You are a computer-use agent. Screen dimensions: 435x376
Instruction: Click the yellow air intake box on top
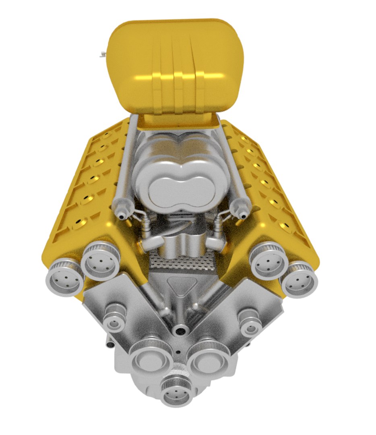point(177,64)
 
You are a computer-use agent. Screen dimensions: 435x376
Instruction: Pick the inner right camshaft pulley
point(268,260)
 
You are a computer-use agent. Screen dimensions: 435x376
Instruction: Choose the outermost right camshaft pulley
point(299,279)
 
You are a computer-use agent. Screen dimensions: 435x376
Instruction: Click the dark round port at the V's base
point(180,331)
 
